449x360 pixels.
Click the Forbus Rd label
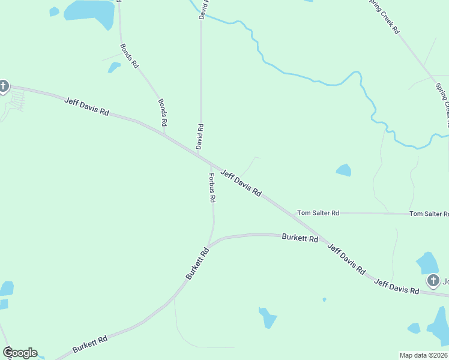211,188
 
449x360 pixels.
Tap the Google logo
20,353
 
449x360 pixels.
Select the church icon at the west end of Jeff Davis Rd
3,86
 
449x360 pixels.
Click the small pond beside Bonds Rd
113,67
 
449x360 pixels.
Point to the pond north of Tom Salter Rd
343,170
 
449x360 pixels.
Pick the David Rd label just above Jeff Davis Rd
200,137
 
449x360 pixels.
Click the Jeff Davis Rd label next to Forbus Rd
241,184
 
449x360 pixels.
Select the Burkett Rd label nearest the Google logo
90,344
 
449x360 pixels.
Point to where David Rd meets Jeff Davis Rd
200,155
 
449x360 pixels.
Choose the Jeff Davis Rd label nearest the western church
87,106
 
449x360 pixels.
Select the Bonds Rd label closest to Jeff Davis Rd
162,112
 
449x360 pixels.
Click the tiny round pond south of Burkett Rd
324,299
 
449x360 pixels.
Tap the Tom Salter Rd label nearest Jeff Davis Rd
318,213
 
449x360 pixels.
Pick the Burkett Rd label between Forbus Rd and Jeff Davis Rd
300,238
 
